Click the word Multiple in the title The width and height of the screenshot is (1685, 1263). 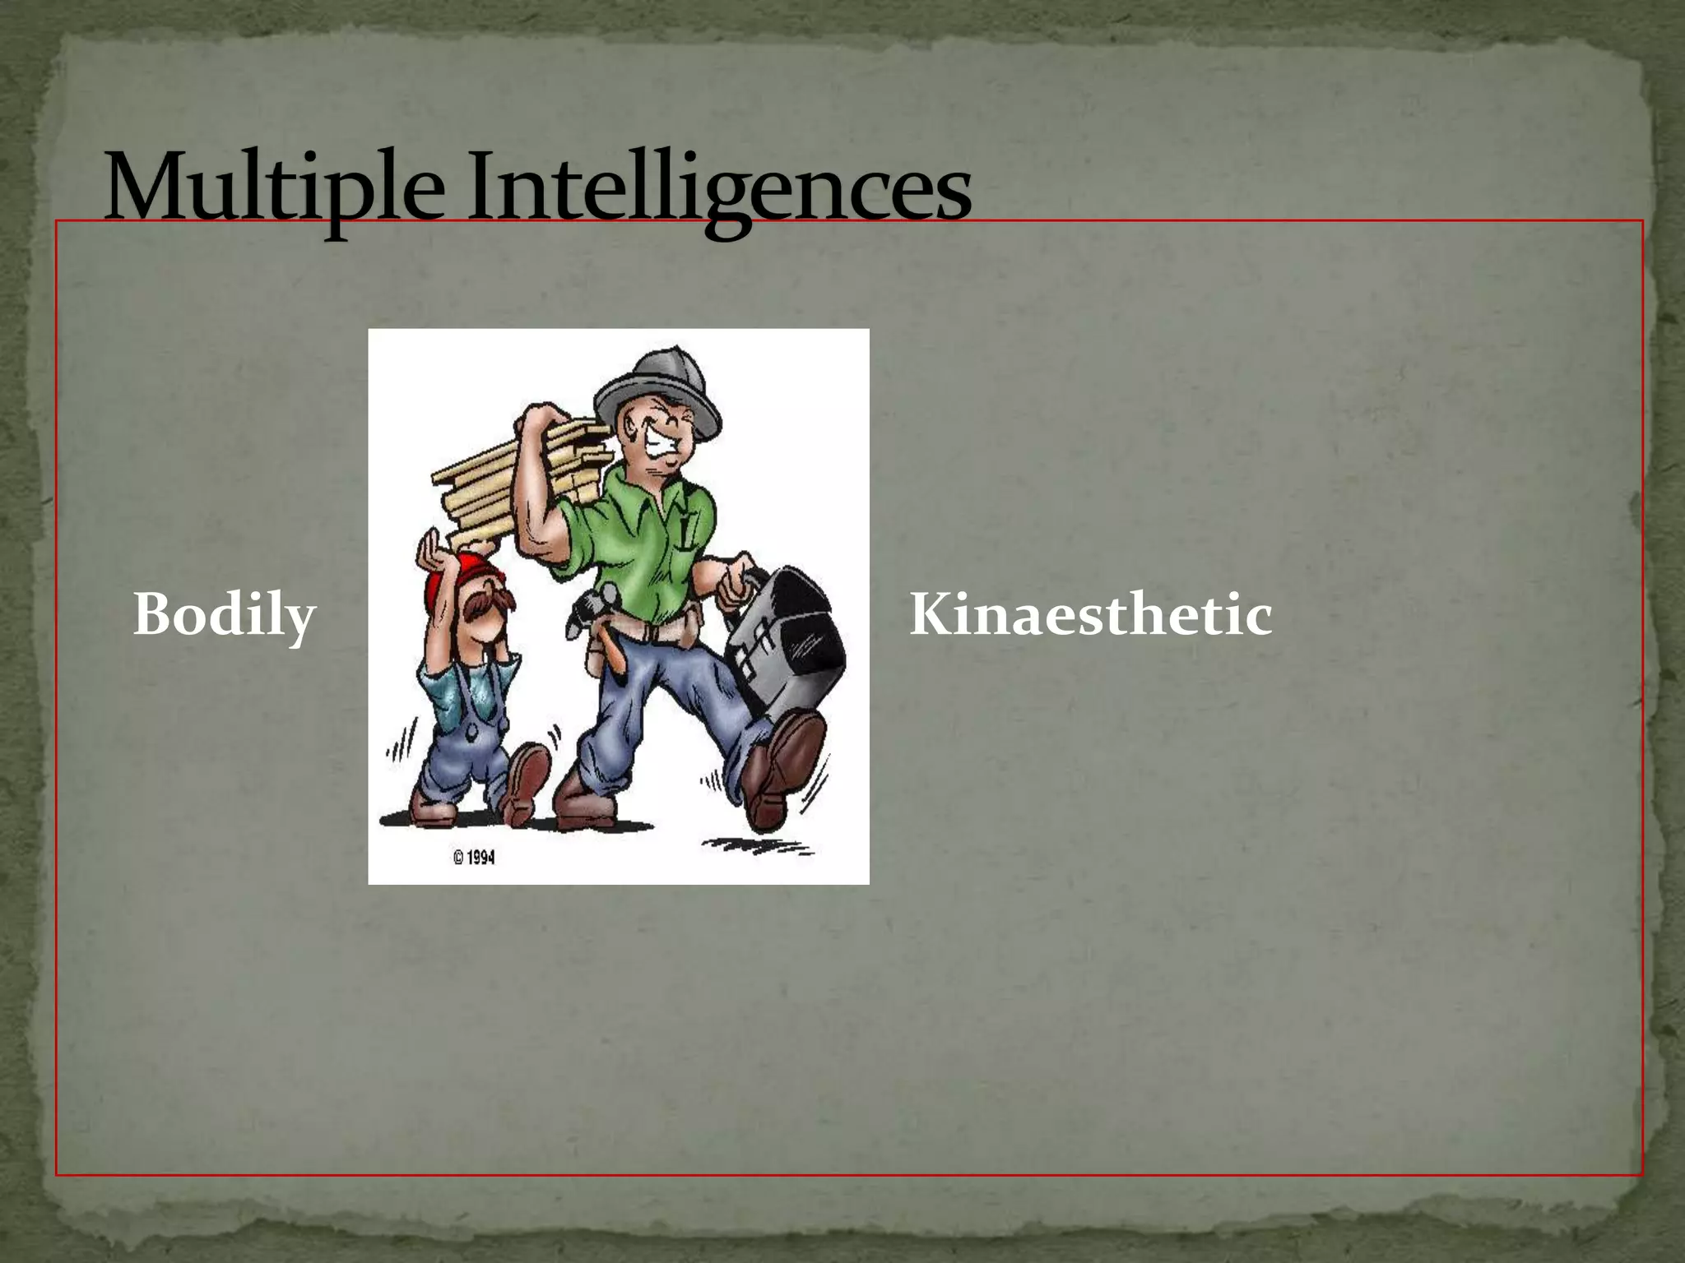[x=272, y=189]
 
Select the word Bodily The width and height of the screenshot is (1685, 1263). [x=225, y=615]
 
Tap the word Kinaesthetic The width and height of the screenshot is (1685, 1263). [x=1090, y=615]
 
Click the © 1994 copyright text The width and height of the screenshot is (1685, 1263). [x=474, y=858]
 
